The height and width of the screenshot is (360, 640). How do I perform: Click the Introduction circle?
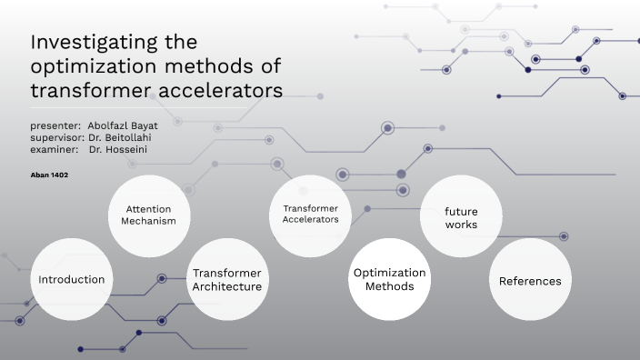pos(71,280)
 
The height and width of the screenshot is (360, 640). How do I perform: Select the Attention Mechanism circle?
pos(149,215)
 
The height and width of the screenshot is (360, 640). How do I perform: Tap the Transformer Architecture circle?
pos(226,280)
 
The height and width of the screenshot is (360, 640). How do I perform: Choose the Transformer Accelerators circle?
pos(310,215)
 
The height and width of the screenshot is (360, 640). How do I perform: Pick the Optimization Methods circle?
pos(389,280)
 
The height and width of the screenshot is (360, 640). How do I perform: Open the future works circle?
pos(461,216)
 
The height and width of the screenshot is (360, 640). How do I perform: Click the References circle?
pos(530,281)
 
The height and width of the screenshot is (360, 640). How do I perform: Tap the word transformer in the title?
pos(88,91)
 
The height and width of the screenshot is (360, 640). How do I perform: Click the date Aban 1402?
pos(50,174)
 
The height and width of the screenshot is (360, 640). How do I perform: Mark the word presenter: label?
pos(55,125)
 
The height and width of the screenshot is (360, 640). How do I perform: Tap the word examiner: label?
pos(53,148)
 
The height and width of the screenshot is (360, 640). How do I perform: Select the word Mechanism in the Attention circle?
pos(149,222)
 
